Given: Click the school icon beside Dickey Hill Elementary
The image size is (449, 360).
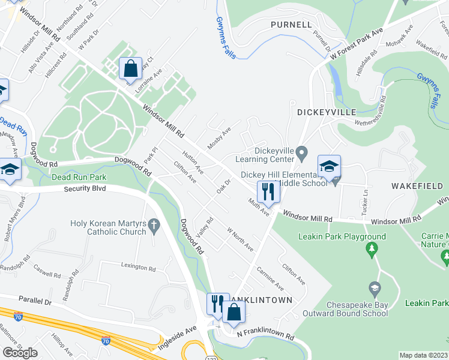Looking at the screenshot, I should click(x=329, y=167).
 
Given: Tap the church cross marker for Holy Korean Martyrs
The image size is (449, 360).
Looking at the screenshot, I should click(x=154, y=227).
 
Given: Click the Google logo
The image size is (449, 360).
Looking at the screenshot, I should click(x=20, y=353).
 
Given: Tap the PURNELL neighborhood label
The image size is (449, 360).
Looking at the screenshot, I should click(x=291, y=25).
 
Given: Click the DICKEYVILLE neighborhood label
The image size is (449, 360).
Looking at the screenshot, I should click(x=327, y=112).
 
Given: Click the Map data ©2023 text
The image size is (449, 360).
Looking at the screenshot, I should click(x=424, y=355).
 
